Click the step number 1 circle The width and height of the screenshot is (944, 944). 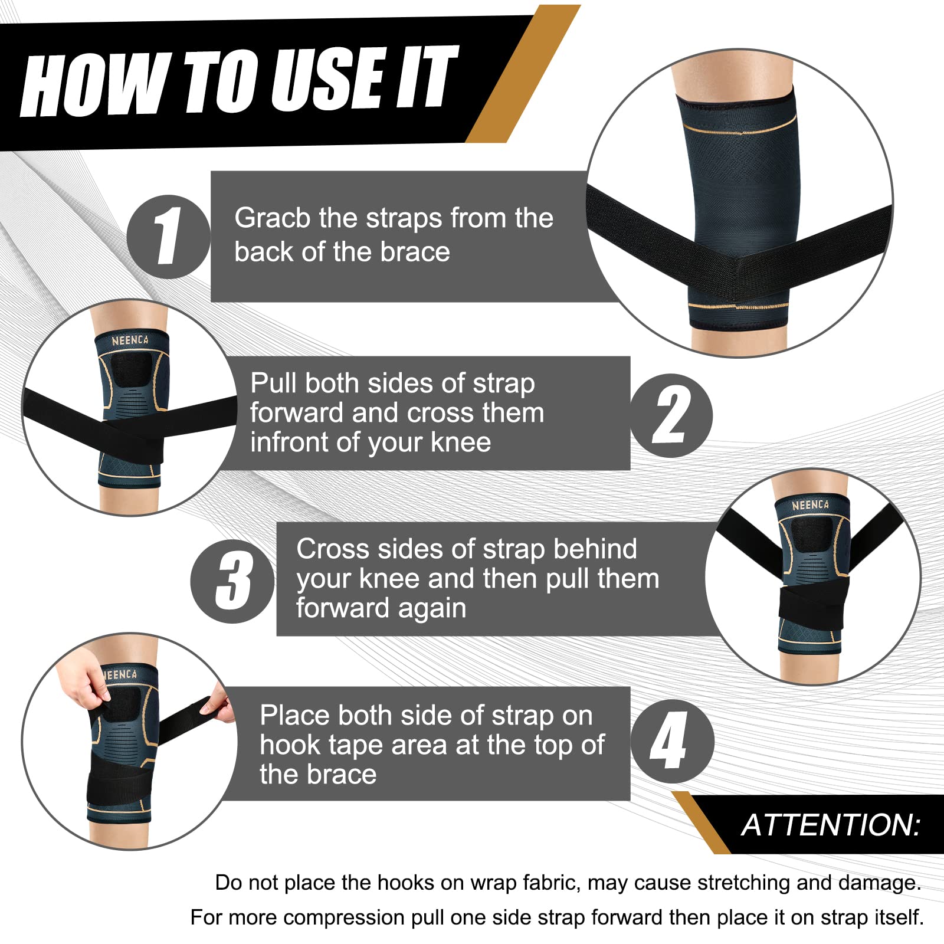168,237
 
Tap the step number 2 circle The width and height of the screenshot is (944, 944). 671,415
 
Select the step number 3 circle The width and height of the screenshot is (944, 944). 232,581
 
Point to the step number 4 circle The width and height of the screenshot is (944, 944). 671,741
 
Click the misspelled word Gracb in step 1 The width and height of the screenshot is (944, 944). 272,218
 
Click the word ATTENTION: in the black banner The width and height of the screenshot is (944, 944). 830,824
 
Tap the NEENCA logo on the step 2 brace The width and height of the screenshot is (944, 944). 130,340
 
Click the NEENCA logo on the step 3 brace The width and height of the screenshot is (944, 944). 810,505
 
